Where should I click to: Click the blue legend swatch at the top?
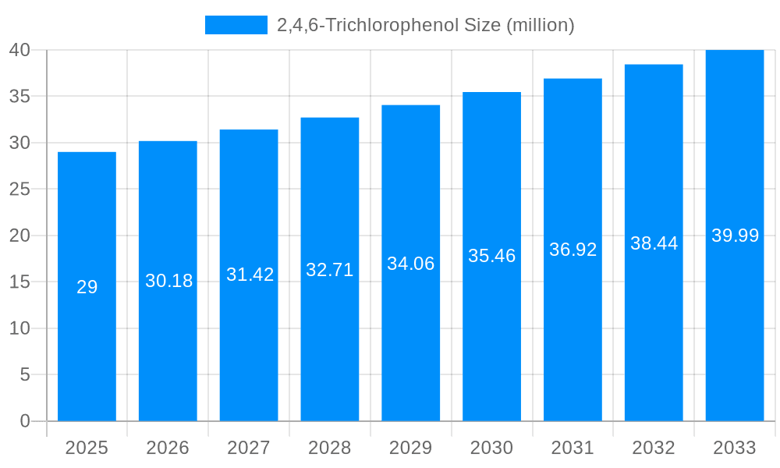click(x=236, y=25)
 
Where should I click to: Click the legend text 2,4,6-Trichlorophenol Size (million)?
click(x=425, y=25)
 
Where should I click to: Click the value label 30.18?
click(x=168, y=281)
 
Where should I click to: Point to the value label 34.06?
click(x=411, y=264)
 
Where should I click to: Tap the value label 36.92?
click(x=573, y=250)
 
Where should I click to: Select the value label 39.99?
click(x=735, y=236)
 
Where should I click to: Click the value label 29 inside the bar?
click(x=87, y=287)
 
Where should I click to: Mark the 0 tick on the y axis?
click(x=24, y=421)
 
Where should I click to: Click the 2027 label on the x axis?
click(x=249, y=448)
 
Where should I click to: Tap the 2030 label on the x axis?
click(x=491, y=448)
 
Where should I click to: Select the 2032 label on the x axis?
click(x=654, y=448)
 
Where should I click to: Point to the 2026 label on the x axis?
click(x=168, y=448)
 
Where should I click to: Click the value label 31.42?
click(x=250, y=275)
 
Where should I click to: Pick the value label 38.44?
click(x=654, y=243)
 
